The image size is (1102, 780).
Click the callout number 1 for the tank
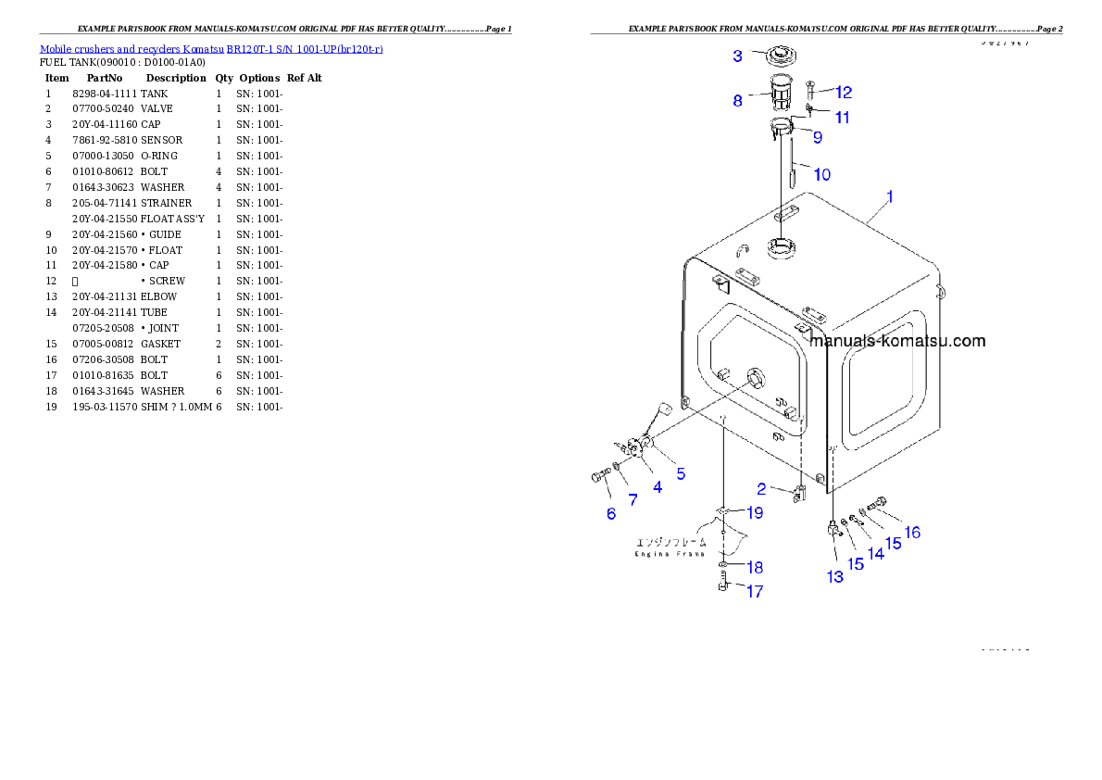coord(889,196)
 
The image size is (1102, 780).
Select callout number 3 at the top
coord(737,56)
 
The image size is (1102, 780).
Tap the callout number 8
coord(737,101)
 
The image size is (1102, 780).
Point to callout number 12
coord(843,93)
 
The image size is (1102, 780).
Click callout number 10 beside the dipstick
coord(821,173)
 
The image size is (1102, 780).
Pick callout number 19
coord(756,512)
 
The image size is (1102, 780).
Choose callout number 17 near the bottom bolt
coord(755,591)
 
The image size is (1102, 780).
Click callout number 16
coord(912,533)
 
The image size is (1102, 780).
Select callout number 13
coord(835,576)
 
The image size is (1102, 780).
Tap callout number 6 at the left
coord(611,514)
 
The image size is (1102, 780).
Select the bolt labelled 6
coord(597,477)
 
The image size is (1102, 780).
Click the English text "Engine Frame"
coord(670,554)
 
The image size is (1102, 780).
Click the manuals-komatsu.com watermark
coord(896,341)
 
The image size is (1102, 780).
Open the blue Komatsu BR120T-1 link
coord(211,48)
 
